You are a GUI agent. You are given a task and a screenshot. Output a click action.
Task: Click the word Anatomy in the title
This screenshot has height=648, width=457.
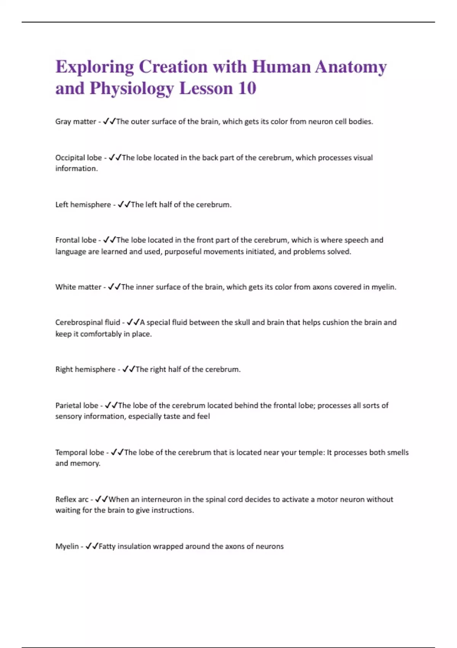[351, 67]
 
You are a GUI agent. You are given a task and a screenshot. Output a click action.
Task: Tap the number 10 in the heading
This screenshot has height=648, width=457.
[247, 88]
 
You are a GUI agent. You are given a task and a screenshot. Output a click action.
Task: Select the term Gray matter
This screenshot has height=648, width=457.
[75, 122]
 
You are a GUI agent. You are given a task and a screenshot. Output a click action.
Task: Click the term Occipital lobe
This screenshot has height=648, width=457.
[78, 158]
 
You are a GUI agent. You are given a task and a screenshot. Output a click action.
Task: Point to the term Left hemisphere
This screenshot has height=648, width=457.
[83, 205]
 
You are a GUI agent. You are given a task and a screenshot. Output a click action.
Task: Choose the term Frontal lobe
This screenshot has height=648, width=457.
[76, 240]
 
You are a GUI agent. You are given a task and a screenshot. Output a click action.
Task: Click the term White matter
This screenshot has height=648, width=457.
[78, 287]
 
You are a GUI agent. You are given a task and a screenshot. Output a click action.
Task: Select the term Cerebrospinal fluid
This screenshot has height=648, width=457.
[88, 322]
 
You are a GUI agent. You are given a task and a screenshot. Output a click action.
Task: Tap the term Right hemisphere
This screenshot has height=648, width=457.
[85, 369]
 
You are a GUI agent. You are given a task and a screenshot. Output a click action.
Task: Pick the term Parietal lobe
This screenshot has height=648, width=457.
[77, 406]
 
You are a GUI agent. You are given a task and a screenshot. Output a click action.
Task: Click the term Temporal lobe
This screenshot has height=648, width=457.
[80, 452]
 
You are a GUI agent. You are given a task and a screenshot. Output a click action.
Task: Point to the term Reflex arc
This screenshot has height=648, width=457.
[72, 499]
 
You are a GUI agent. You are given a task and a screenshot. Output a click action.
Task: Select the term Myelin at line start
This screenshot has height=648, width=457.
[67, 546]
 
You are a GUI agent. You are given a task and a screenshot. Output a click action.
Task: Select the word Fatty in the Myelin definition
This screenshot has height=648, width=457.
[107, 546]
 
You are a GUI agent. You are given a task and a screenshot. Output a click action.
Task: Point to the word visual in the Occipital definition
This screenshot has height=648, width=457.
[362, 158]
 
